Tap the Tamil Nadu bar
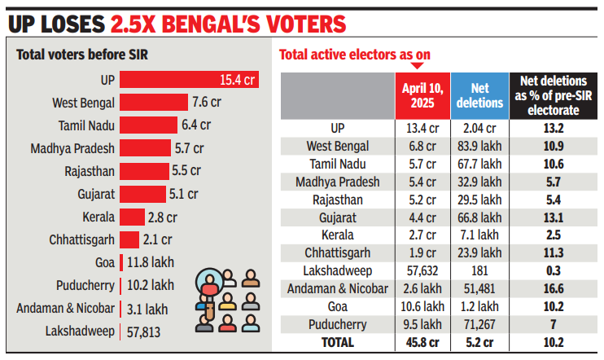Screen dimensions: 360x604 point(148,125)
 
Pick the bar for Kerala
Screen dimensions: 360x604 point(129,217)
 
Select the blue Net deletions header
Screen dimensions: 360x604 point(479,96)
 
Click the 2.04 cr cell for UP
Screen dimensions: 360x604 point(479,128)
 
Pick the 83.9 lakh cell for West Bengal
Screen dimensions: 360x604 point(479,146)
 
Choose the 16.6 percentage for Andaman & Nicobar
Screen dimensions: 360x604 point(554,288)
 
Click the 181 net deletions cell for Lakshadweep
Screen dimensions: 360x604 point(479,270)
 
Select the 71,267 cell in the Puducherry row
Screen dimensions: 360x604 point(479,323)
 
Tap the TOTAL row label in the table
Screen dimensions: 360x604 point(337,342)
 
